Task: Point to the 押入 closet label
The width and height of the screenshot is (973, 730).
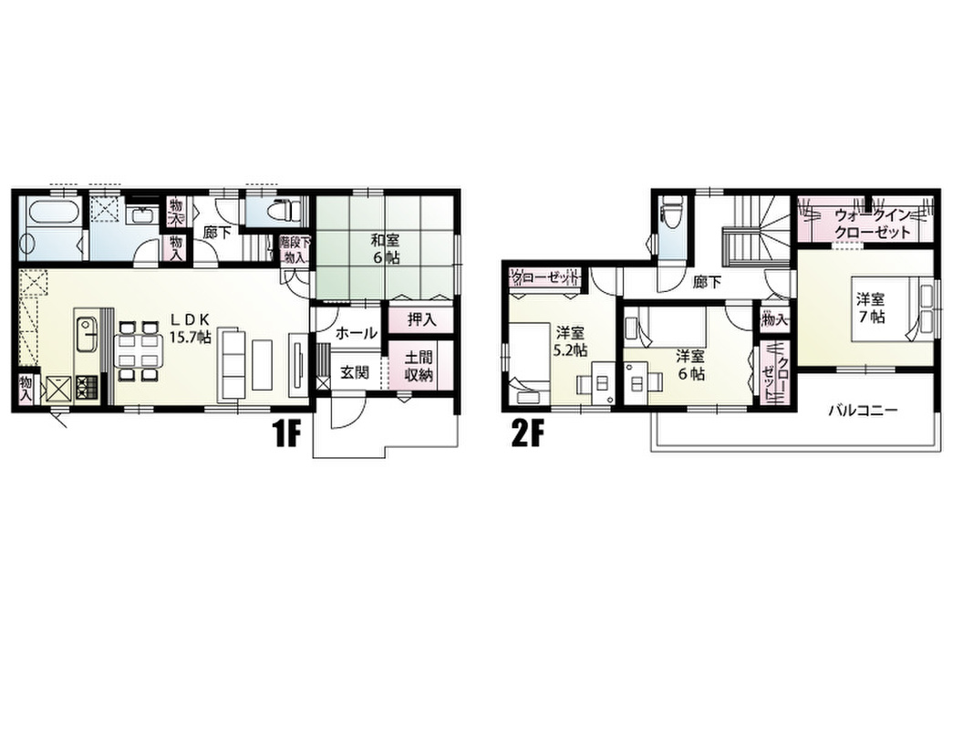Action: click(x=421, y=319)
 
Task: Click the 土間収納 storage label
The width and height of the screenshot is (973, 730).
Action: click(x=419, y=366)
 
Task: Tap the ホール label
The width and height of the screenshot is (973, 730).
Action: click(x=357, y=333)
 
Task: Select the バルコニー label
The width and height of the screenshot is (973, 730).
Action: click(x=862, y=411)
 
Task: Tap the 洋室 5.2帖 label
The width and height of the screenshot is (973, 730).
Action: click(x=570, y=340)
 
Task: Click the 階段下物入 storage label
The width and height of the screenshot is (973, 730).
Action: click(x=294, y=249)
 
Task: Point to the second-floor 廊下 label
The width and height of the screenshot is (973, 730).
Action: click(x=707, y=283)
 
